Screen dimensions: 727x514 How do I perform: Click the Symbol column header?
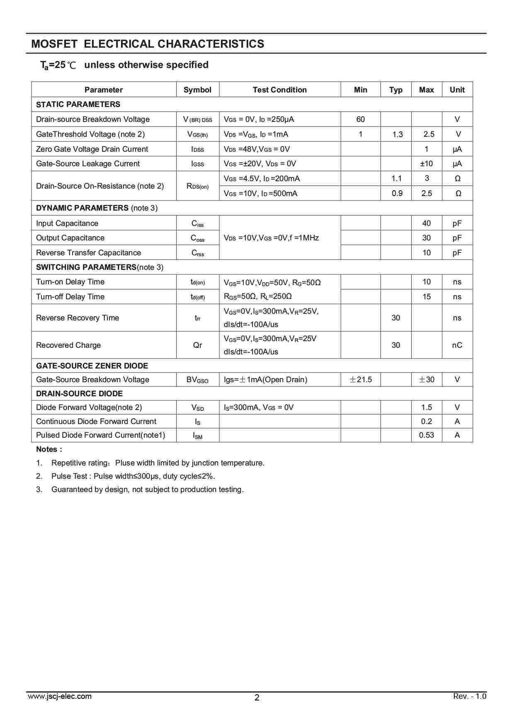click(x=197, y=90)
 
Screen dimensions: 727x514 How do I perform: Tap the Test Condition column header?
click(x=280, y=90)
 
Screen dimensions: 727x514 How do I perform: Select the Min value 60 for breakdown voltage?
click(x=361, y=119)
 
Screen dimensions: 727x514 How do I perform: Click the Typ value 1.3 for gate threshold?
click(x=397, y=134)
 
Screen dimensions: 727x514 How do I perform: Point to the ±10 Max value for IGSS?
click(x=426, y=164)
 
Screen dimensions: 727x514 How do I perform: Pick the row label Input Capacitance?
click(x=67, y=223)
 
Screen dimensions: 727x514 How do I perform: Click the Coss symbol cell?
click(x=197, y=238)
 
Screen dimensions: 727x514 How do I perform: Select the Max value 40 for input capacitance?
click(x=426, y=223)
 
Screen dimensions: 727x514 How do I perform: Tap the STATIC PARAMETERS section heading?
click(x=78, y=104)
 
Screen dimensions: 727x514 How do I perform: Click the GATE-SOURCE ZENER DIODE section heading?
click(x=92, y=366)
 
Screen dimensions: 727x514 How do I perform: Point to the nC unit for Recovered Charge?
click(x=457, y=345)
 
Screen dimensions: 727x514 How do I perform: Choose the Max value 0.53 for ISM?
click(x=426, y=435)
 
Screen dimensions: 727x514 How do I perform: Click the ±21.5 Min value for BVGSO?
click(x=361, y=380)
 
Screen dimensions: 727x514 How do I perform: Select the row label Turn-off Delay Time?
click(x=70, y=297)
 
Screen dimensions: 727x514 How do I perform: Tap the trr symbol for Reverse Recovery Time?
click(x=198, y=318)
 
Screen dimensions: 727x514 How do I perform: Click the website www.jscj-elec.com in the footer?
click(x=60, y=696)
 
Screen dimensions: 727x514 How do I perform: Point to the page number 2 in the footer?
click(x=257, y=698)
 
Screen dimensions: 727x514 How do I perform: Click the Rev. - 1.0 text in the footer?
click(x=470, y=696)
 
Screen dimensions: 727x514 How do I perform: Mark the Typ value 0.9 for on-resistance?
click(x=397, y=194)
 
